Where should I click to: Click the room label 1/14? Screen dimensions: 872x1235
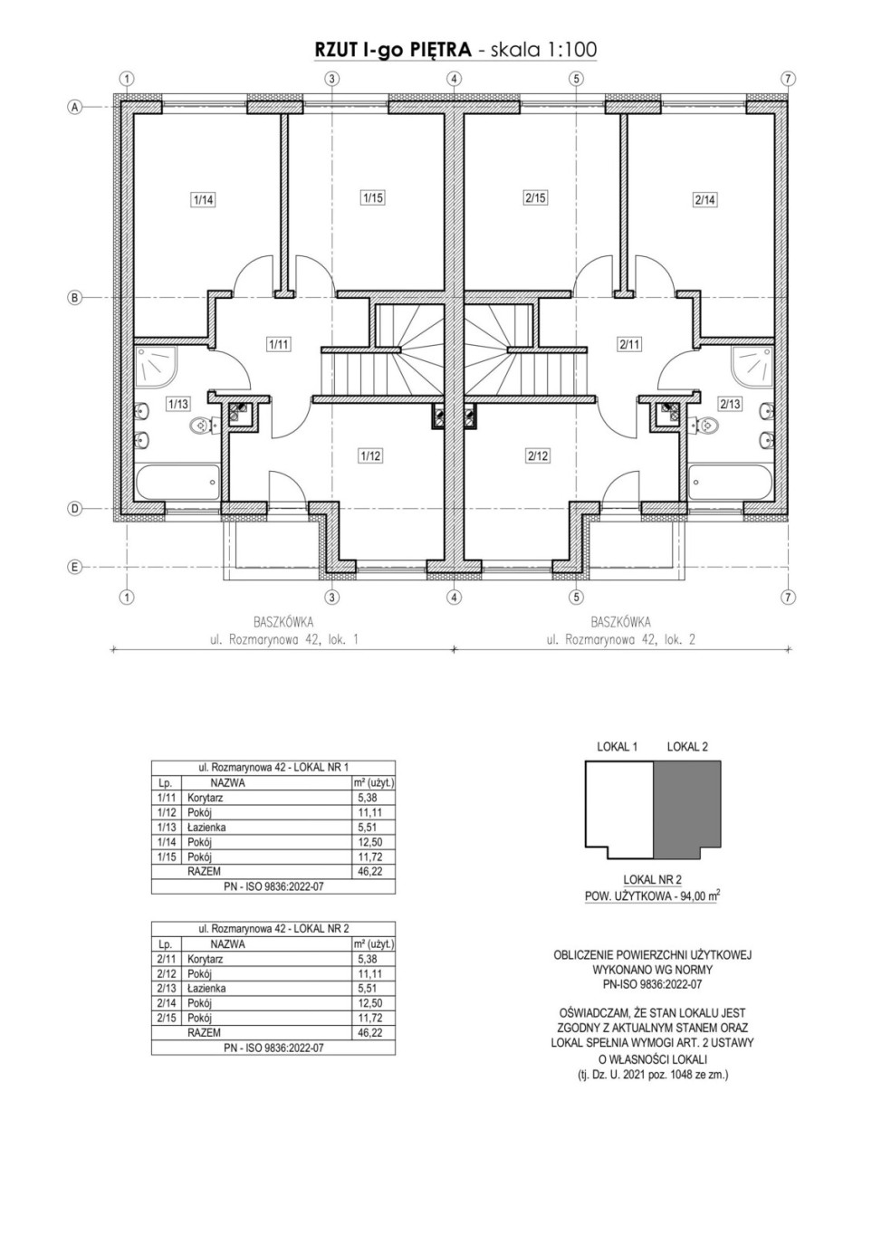[203, 199]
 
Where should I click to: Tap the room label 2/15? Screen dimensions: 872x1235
[535, 197]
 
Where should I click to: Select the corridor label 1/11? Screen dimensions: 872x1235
[278, 345]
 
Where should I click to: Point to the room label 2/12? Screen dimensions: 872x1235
[538, 456]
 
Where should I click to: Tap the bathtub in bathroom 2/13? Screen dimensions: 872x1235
[730, 482]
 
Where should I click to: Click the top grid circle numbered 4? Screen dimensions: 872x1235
[454, 79]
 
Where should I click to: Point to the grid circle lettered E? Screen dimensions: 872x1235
[74, 568]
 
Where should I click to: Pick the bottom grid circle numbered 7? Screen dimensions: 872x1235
[788, 597]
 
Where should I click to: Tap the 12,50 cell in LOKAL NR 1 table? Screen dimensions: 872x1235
[369, 842]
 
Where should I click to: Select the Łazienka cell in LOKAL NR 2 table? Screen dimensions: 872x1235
[206, 989]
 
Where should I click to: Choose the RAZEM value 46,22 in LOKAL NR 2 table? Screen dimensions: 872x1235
[369, 1033]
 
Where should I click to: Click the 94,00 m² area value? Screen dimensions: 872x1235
[700, 896]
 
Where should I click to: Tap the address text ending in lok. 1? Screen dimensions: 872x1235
[283, 640]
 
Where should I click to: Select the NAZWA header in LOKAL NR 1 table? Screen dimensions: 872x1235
[227, 783]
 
